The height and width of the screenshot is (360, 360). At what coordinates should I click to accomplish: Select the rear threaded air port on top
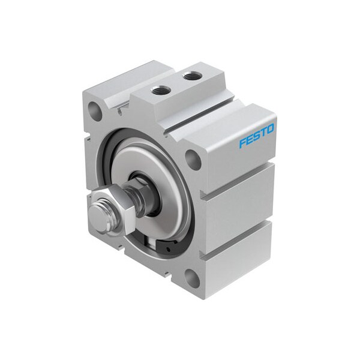(x=192, y=76)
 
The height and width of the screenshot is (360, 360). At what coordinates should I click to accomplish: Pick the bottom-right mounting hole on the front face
(x=193, y=277)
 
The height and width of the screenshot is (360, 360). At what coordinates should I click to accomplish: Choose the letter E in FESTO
(x=249, y=140)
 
